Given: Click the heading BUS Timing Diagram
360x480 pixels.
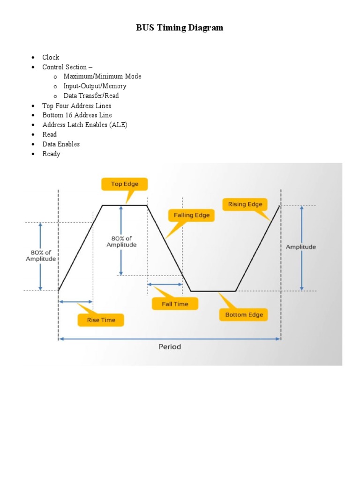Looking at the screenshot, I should [x=180, y=28].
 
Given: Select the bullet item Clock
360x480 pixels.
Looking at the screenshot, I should [x=51, y=57].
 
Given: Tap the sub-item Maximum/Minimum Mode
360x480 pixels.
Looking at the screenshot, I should [x=102, y=76].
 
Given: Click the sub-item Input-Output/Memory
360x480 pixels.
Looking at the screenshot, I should [x=95, y=86].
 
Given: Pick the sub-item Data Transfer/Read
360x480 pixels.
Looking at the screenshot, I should [x=91, y=96].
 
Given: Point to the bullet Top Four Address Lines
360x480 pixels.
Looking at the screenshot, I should [x=76, y=105].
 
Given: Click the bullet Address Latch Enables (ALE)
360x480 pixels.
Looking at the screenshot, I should [x=85, y=125].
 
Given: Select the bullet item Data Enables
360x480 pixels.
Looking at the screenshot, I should [x=61, y=144].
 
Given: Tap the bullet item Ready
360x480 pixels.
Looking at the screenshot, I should [x=51, y=154].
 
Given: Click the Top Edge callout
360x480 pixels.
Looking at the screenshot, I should [x=124, y=184].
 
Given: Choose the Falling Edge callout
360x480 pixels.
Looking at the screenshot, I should [x=191, y=216].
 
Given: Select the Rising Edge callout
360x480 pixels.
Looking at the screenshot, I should [x=245, y=204].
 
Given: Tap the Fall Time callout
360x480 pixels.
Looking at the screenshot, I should [x=175, y=304].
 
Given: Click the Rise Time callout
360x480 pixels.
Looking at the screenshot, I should [x=101, y=320].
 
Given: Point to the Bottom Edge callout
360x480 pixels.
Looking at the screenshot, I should [x=244, y=315].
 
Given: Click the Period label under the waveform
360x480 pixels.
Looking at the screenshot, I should [x=169, y=347].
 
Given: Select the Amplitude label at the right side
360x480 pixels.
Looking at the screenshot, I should [x=301, y=247].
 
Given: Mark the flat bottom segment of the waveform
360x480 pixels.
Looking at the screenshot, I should [x=213, y=291].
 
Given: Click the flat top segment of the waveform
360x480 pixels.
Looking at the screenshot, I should [x=125, y=205].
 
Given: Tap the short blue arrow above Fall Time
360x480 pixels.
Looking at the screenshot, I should [x=165, y=284].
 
